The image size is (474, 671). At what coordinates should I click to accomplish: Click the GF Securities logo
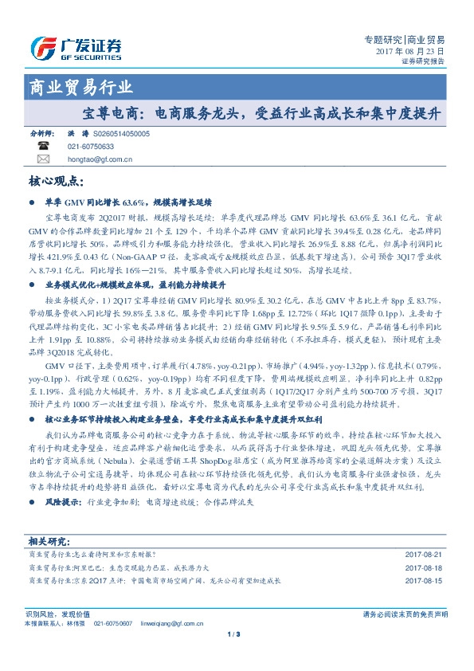(76, 48)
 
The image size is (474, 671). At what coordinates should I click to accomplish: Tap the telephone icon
(43, 147)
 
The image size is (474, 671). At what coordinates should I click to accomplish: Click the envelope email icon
(43, 159)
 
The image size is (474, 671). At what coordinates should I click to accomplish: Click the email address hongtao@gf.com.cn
(100, 159)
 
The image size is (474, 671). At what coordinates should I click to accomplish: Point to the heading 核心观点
(57, 182)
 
